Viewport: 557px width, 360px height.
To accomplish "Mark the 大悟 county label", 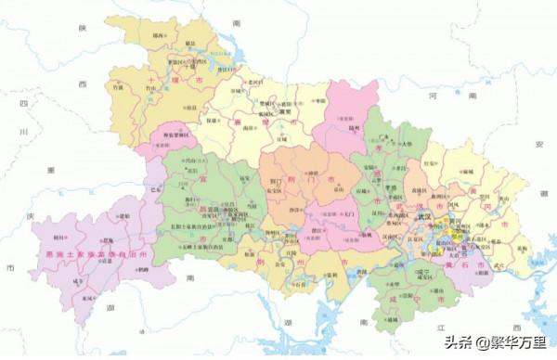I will click(406, 143).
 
